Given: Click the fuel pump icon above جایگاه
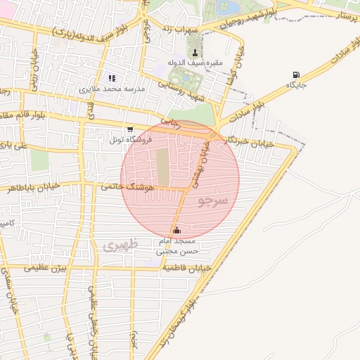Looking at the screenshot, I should (295, 75).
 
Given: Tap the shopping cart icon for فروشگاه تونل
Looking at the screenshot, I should (130, 129).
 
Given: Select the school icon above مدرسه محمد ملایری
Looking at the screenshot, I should (111, 78).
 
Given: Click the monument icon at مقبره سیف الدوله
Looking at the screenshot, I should (195, 53).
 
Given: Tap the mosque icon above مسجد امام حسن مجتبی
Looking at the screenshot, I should (176, 230).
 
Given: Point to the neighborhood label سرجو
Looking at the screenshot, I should (213, 201).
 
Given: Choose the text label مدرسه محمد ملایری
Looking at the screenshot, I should (115, 89).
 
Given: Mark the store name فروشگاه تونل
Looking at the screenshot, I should (105, 140).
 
